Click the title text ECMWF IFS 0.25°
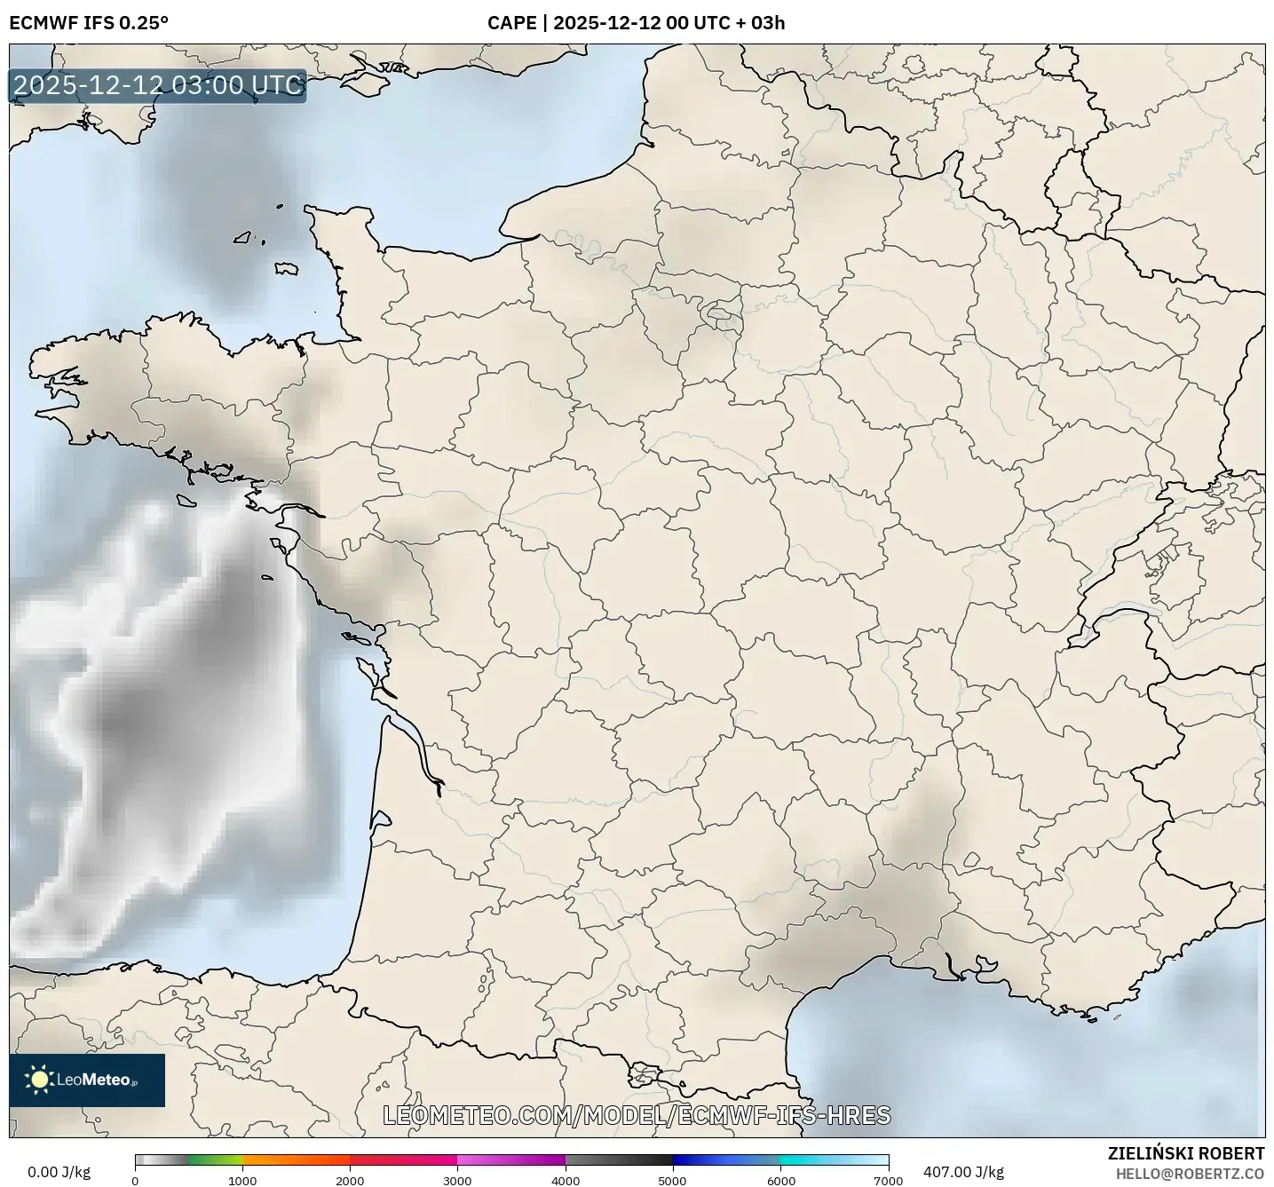pos(88,23)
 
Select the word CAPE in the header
pos(511,23)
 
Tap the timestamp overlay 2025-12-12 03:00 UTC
pos(158,86)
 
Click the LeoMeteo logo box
pos(87,1080)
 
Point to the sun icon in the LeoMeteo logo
pos(39,1080)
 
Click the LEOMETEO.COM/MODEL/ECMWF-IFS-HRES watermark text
pos(637,1115)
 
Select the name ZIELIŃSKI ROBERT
pos(1185,1153)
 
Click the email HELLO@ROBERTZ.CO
pos(1190,1174)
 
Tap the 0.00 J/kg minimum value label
pos(59,1172)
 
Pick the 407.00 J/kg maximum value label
pos(963,1172)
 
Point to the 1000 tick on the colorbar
pos(242,1180)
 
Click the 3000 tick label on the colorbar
pos(457,1180)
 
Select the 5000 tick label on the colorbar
pos(672,1180)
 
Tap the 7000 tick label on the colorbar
pos(888,1180)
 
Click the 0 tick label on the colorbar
pos(135,1180)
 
